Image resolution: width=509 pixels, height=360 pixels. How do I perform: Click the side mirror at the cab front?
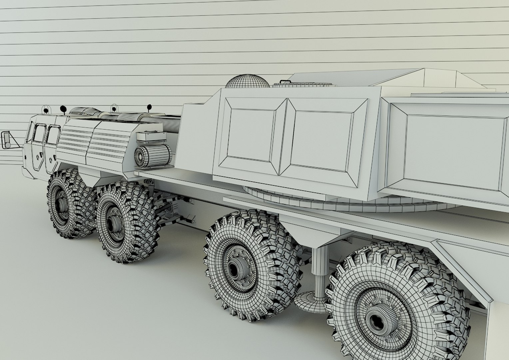(x=6, y=140)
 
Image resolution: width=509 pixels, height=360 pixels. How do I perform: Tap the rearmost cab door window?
(x=52, y=134)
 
